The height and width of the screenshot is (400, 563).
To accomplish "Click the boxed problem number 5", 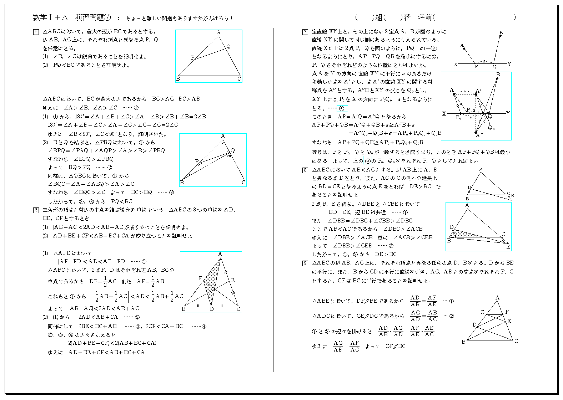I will [36, 32].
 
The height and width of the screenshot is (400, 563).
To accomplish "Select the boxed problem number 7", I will [305, 32].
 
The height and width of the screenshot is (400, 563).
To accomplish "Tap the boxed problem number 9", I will [305, 263].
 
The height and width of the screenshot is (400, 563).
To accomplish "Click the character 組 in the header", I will [379, 17].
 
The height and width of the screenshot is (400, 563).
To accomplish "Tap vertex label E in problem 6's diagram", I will [233, 280].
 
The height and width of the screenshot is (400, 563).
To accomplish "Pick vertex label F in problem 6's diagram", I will [200, 278].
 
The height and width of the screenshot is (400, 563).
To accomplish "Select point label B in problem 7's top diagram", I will [501, 33].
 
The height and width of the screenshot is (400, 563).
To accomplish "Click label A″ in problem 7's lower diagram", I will [479, 135].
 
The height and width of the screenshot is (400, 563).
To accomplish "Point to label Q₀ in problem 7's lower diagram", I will [491, 128].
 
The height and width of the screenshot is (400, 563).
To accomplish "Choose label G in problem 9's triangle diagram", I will [482, 312].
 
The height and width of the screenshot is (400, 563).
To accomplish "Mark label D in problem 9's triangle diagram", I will [474, 325].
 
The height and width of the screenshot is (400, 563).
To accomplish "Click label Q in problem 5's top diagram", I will [228, 47].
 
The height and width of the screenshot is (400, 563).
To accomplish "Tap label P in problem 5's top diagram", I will [192, 57].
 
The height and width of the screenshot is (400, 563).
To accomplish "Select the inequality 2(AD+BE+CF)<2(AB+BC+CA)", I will [112, 343].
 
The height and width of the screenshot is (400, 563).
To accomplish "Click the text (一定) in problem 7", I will [431, 48].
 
